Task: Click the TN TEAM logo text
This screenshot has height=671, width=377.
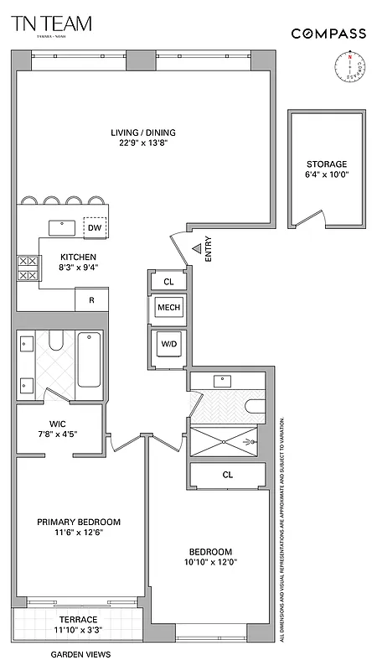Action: point(52,24)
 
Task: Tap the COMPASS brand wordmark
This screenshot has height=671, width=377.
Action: point(328,34)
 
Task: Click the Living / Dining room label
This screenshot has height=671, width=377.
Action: point(143,132)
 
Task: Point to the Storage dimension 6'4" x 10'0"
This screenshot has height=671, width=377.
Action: point(326,175)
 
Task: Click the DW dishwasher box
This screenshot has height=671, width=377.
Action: point(95,227)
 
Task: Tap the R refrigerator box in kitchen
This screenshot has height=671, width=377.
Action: point(90,299)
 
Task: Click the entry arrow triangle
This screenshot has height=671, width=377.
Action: point(195,248)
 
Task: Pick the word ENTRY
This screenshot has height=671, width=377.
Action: point(207,249)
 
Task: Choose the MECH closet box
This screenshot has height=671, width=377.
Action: point(168,308)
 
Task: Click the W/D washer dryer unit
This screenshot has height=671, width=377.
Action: point(168,343)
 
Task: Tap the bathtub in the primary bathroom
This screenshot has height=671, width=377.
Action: point(89,360)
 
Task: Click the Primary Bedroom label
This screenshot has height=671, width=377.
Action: point(78,522)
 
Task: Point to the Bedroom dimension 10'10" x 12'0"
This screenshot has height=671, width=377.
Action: point(210,562)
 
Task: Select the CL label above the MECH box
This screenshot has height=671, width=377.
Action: point(168,282)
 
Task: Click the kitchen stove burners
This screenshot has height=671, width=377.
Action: point(27,268)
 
